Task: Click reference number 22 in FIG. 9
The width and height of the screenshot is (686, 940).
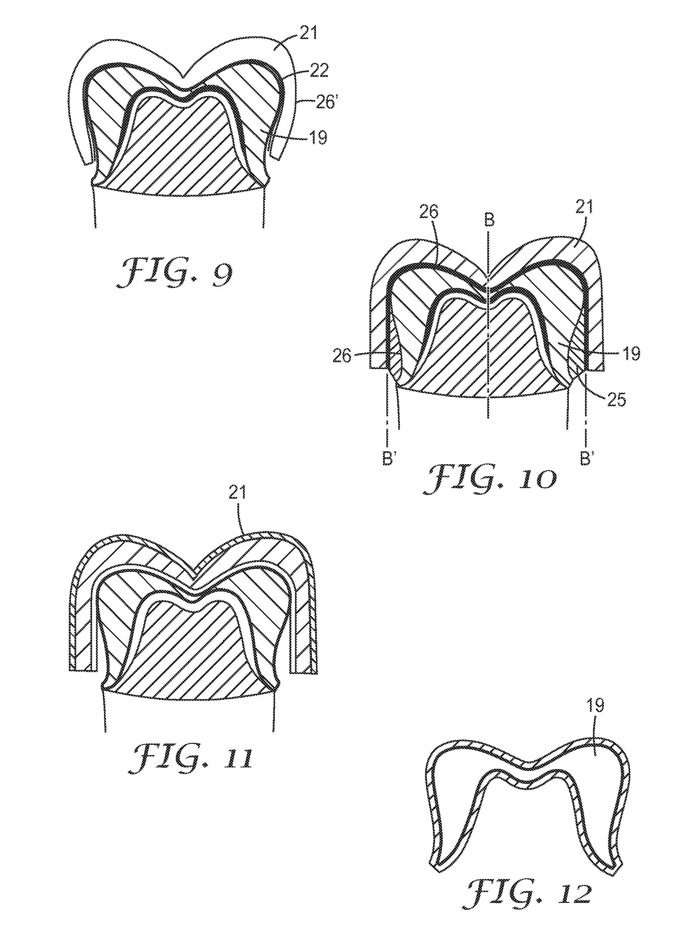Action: (319, 71)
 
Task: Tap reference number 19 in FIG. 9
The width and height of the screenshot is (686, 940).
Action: (318, 137)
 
